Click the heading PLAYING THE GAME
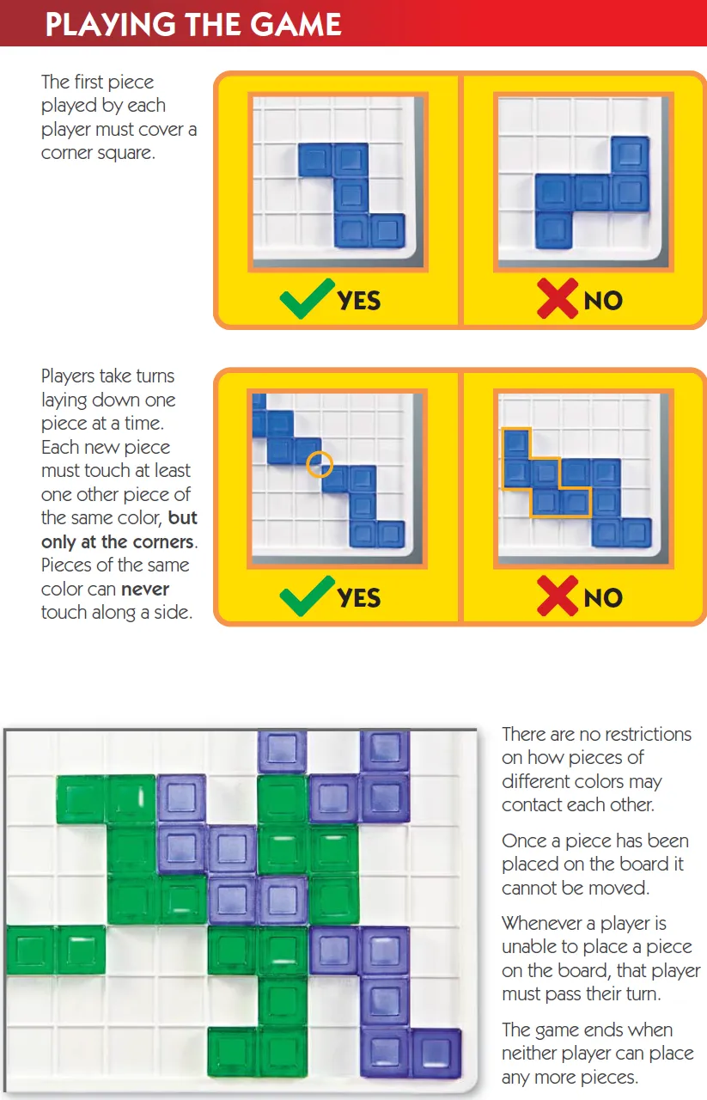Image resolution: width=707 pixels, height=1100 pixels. (x=193, y=24)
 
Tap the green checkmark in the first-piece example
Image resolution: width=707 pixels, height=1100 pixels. (x=307, y=298)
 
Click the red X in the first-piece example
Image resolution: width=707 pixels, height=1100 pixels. (x=557, y=298)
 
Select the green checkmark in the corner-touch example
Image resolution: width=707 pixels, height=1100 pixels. (x=307, y=596)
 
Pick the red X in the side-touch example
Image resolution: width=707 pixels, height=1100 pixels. (x=557, y=596)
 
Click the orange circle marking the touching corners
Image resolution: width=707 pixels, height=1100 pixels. (x=320, y=465)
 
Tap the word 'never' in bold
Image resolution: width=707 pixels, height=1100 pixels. (x=145, y=589)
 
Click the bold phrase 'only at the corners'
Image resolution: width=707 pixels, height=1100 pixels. (x=119, y=542)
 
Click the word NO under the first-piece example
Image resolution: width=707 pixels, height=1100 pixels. (x=603, y=300)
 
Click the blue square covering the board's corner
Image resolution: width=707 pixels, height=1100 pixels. (x=387, y=229)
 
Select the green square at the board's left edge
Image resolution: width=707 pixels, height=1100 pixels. (x=30, y=950)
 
